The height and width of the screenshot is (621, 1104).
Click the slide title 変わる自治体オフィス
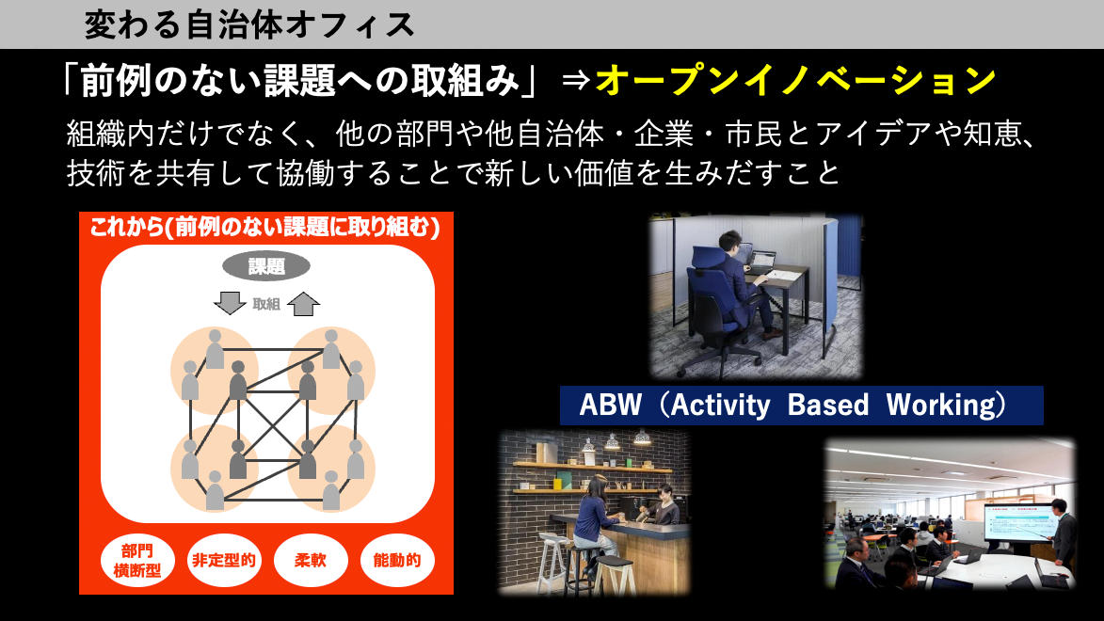tap(249, 25)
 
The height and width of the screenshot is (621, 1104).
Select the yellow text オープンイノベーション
tap(795, 80)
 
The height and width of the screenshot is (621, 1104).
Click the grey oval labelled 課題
tap(266, 266)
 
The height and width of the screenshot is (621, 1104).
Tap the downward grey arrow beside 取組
tap(230, 303)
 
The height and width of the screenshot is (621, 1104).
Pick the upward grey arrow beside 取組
tap(303, 304)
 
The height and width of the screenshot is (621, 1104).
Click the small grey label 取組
tap(266, 304)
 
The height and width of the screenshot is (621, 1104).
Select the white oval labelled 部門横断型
tap(136, 561)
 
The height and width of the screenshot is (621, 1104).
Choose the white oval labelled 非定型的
tap(224, 561)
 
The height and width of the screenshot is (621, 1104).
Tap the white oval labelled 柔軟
tap(311, 561)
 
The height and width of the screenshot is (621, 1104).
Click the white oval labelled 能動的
tap(397, 561)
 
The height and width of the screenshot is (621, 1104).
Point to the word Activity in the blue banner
tap(720, 406)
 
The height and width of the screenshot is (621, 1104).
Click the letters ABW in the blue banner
tap(611, 406)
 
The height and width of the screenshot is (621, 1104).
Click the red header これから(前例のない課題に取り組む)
tap(265, 228)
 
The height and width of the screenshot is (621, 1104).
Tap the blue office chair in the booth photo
tap(714, 310)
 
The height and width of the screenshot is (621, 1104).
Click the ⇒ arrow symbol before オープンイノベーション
tap(576, 81)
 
